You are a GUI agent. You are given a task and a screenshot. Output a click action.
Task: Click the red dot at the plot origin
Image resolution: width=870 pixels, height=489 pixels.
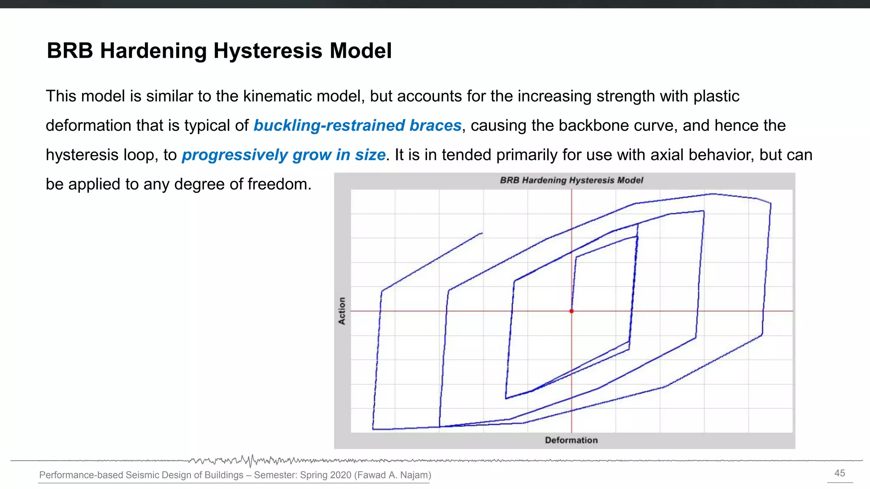[571, 311]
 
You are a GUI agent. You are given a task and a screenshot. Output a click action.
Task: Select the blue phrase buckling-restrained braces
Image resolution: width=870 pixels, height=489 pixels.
[357, 126]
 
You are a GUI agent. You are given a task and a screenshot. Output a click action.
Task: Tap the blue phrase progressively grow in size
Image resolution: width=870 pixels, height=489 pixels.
[283, 155]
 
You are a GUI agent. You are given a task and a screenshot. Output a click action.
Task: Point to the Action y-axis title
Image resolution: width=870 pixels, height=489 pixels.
[342, 311]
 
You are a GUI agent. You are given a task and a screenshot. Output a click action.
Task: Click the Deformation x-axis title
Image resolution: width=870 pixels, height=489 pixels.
[571, 440]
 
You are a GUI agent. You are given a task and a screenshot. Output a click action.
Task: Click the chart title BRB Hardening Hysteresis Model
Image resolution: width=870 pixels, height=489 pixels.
[571, 180]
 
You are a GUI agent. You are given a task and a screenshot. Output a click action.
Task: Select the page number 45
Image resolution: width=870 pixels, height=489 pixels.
[839, 473]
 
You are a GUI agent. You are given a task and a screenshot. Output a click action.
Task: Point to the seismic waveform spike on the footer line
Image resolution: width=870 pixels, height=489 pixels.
[251, 461]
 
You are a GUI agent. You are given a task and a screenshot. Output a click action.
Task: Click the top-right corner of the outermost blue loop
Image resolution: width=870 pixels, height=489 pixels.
[770, 204]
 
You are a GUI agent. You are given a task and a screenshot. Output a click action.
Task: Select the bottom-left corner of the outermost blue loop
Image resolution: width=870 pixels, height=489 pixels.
[373, 429]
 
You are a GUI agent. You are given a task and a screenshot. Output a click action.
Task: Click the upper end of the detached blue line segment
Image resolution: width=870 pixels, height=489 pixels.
[482, 233]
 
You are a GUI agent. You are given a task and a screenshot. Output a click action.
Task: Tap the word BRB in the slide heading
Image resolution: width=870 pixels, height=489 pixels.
[70, 51]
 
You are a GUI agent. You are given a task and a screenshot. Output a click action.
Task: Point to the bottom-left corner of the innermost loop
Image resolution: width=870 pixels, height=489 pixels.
[506, 398]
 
